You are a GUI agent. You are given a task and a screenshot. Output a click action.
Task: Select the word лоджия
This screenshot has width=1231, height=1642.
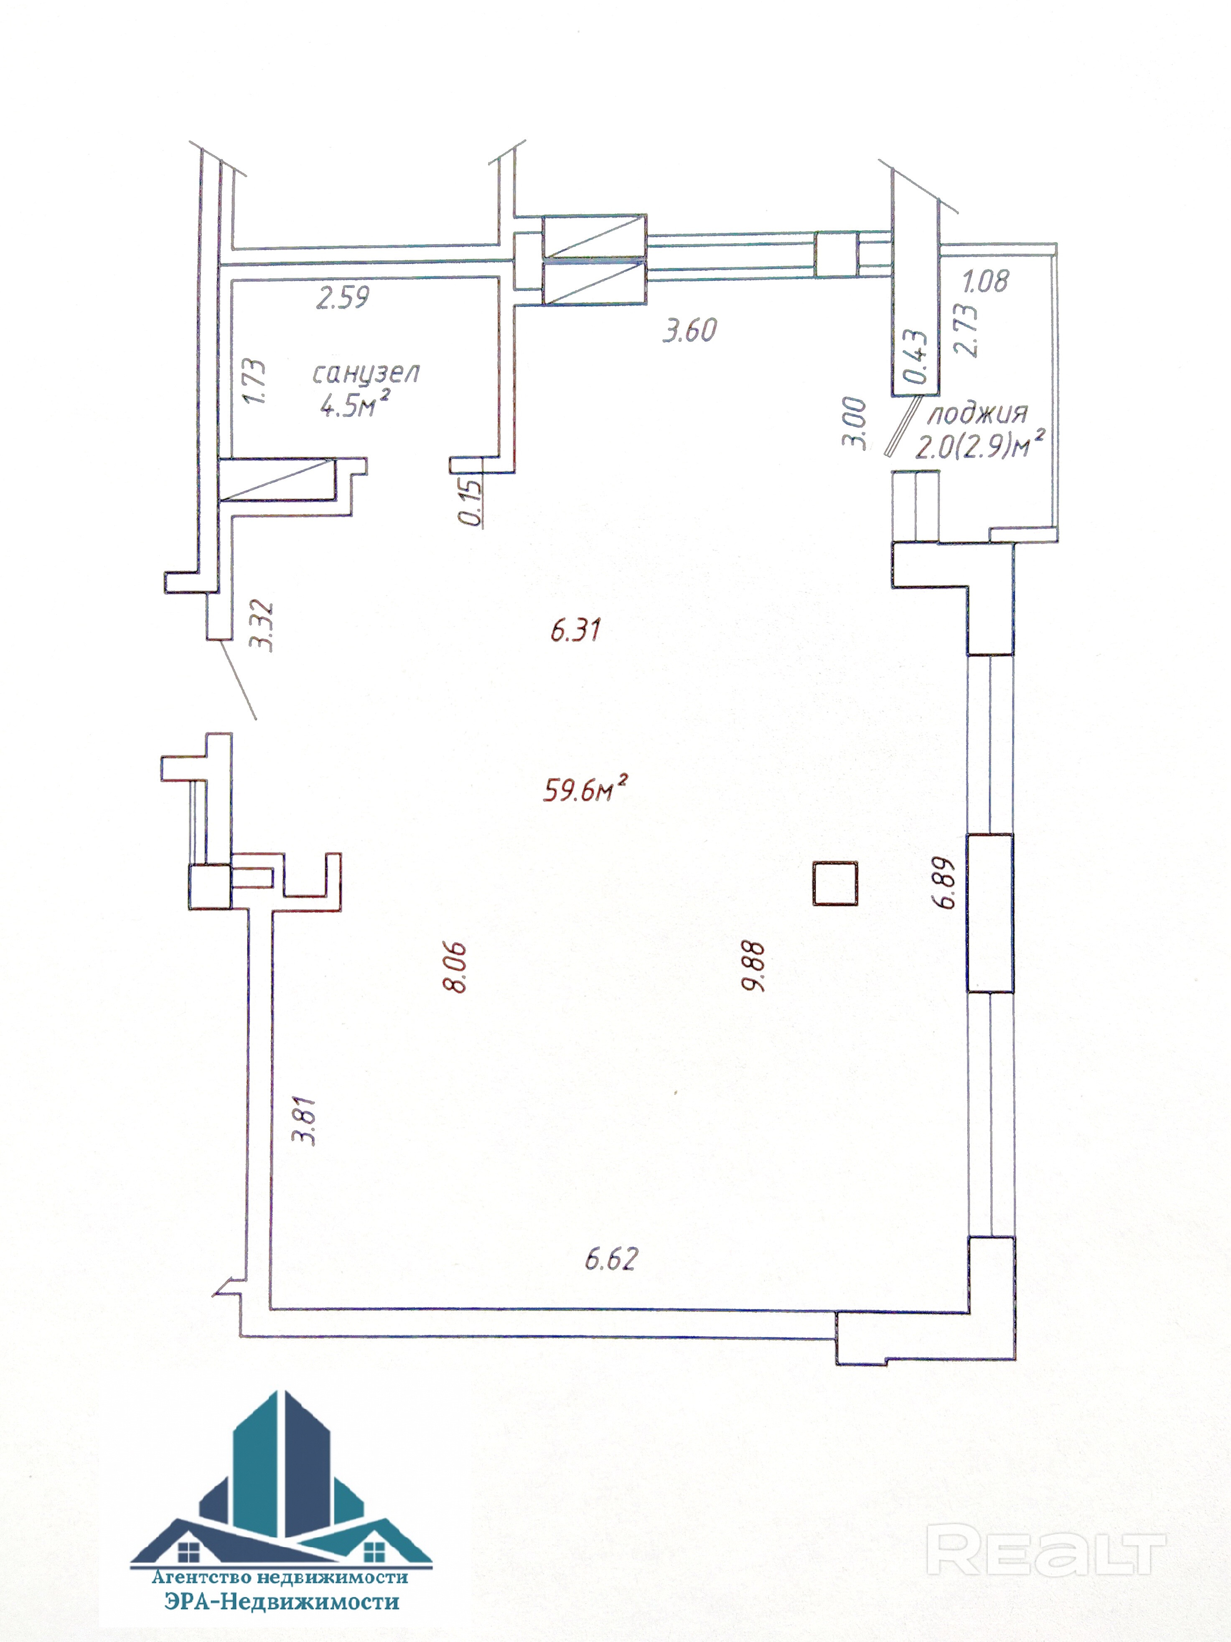point(978,414)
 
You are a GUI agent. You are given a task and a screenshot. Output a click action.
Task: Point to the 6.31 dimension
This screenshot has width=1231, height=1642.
point(575,630)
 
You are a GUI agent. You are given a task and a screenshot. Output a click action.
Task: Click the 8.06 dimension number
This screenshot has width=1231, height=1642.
point(454,967)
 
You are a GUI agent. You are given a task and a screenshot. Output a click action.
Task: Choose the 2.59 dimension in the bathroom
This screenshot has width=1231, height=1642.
point(342,297)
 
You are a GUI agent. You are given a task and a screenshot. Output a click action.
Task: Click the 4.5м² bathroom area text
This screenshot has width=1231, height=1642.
point(355,404)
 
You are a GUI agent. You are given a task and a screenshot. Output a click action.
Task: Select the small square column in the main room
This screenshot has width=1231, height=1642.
point(835,883)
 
